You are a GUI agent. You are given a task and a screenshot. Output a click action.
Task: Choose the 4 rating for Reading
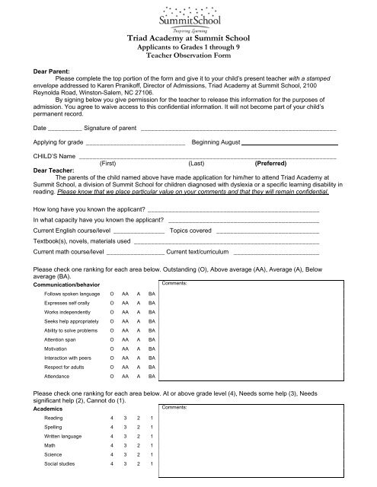(x=113, y=419)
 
